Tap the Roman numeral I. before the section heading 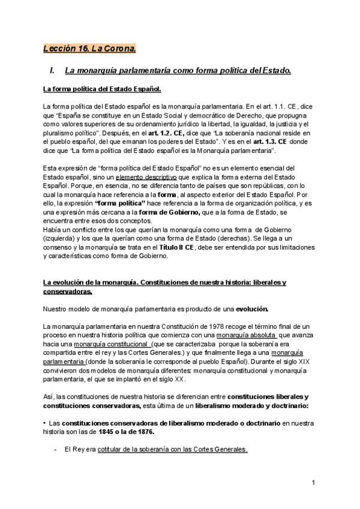(52, 71)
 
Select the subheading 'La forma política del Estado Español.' (102, 89)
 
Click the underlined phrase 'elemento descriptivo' (146, 178)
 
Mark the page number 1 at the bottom (314, 481)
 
